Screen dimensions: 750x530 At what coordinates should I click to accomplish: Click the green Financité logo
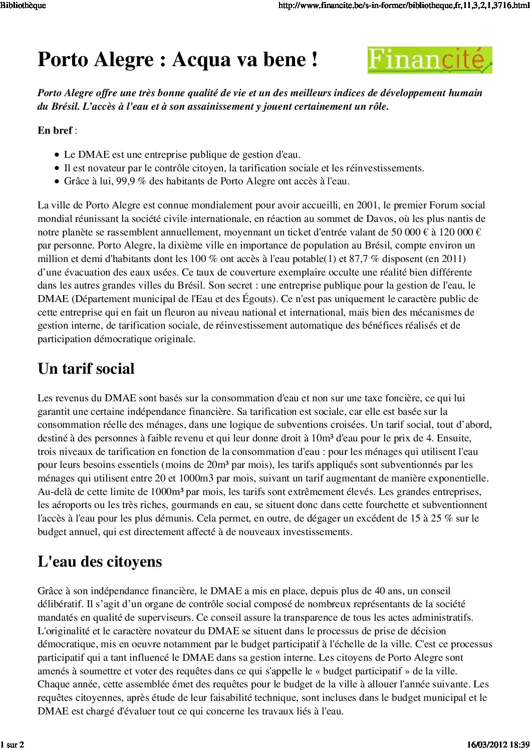pyautogui.click(x=430, y=60)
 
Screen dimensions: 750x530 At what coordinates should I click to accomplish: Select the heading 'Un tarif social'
pyautogui.click(x=86, y=369)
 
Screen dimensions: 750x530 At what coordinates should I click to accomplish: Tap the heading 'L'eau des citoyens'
pyautogui.click(x=100, y=561)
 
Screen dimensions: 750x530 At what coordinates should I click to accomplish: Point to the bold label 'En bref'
pyautogui.click(x=55, y=130)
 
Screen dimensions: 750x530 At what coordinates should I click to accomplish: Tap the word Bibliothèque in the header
pyautogui.click(x=23, y=6)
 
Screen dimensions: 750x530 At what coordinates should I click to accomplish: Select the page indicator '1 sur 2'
pyautogui.click(x=13, y=744)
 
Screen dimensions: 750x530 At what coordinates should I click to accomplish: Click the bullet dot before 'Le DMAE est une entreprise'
pyautogui.click(x=58, y=155)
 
